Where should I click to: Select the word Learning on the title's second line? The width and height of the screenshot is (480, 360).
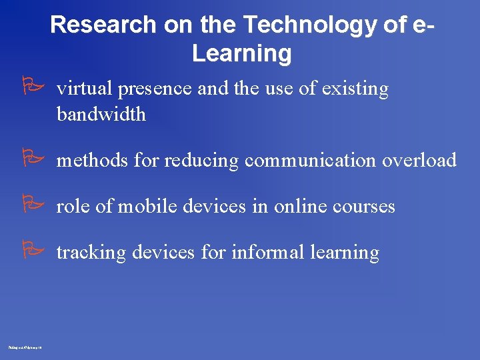pos(241,53)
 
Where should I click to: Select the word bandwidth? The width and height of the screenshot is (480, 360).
pos(101,114)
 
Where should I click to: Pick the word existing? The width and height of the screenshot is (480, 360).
pos(355,89)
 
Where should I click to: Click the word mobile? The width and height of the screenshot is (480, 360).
pos(147,207)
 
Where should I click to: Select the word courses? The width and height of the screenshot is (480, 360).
pos(363,207)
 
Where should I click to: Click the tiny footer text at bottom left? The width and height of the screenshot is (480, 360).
pos(25,347)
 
